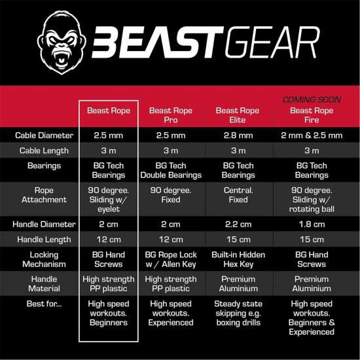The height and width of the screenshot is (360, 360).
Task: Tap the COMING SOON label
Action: (312, 99)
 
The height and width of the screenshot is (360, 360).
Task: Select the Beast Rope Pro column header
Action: (170, 115)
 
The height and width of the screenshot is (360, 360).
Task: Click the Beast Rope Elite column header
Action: (238, 115)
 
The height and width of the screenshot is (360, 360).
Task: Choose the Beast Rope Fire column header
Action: (312, 115)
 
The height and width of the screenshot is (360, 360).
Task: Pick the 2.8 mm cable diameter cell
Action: (238, 135)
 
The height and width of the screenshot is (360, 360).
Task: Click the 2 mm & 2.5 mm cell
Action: (312, 135)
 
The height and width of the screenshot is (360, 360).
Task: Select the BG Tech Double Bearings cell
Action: (170, 170)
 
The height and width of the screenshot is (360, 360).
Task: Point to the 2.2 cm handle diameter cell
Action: (238, 224)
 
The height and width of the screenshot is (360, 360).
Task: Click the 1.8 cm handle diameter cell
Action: (312, 224)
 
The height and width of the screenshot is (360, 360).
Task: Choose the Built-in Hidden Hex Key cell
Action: (238, 259)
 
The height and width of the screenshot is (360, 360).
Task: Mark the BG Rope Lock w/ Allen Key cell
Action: (170, 259)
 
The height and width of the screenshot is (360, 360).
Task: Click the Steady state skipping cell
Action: (238, 313)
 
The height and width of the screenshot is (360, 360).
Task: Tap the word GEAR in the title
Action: (268, 43)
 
